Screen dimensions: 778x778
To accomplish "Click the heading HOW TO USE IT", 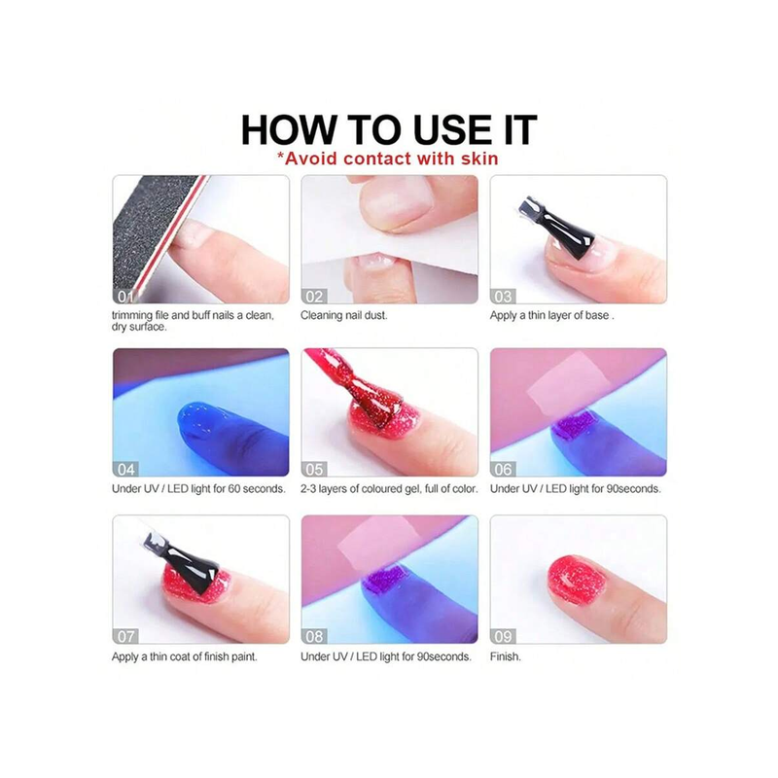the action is click(389, 130).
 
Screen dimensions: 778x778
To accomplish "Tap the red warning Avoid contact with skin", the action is click(387, 159).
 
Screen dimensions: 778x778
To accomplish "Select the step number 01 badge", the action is click(124, 297).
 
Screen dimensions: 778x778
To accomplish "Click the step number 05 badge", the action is click(313, 469).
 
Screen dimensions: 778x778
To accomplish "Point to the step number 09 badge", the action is click(503, 636).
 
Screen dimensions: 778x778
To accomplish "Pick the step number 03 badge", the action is click(503, 297).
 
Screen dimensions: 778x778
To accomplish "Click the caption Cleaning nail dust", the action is click(344, 315).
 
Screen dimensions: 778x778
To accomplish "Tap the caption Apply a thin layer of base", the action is click(551, 315).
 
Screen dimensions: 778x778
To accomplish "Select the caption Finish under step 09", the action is click(505, 656).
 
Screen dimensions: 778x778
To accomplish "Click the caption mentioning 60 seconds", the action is click(198, 489).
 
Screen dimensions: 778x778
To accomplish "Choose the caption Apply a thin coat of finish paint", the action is click(184, 657).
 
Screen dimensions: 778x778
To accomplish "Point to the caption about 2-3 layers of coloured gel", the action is click(389, 489).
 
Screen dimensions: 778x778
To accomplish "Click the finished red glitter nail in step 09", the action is click(577, 581).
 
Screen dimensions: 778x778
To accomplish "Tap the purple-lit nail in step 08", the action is click(387, 578).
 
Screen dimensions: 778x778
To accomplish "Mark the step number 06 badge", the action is click(503, 469).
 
